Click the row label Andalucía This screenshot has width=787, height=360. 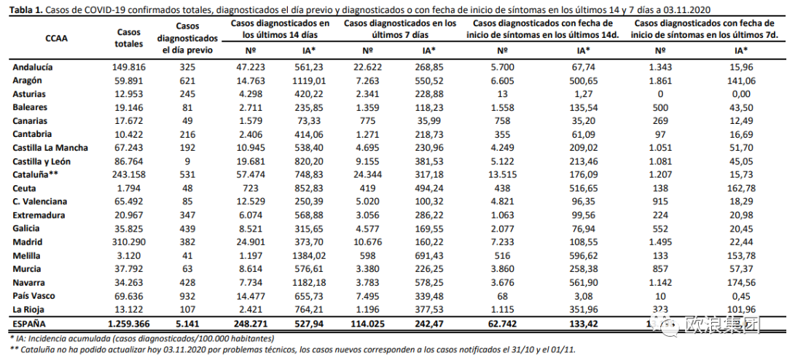(x=33, y=67)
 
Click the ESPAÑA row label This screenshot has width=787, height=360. (x=31, y=324)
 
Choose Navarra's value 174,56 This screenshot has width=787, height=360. (x=741, y=283)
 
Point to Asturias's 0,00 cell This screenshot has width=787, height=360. (x=741, y=94)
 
